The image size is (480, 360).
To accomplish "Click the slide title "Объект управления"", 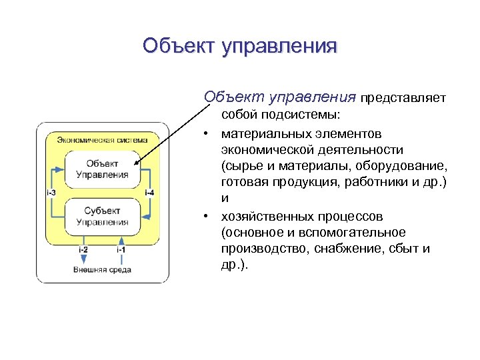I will [x=240, y=46].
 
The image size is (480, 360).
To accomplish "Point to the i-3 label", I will [x=51, y=193].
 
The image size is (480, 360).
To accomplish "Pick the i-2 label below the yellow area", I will [x=83, y=249].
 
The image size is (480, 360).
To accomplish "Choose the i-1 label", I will [x=121, y=249].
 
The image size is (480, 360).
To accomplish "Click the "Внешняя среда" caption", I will [x=102, y=269].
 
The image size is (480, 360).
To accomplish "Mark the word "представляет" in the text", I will [x=403, y=99].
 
